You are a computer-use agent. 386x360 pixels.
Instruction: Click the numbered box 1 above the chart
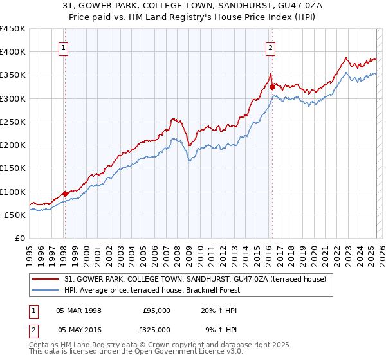point(64,47)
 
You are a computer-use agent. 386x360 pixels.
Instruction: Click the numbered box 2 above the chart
point(271,47)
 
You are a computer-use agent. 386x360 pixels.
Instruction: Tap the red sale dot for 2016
point(272,86)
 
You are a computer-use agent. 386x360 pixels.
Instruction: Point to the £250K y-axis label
point(13,122)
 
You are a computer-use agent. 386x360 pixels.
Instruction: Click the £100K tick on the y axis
point(13,192)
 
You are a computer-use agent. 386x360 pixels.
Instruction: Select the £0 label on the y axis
point(21,238)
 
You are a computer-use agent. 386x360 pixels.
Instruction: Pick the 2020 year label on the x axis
point(313,252)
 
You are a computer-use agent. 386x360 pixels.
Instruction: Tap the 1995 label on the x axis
point(29,252)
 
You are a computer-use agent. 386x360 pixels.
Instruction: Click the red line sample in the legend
point(45,279)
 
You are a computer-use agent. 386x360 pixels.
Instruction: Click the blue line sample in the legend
point(45,290)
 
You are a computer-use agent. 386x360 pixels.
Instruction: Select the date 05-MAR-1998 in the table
point(78,310)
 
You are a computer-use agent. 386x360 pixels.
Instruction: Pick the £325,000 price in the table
point(156,329)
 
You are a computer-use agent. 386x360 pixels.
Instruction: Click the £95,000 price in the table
point(156,310)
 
